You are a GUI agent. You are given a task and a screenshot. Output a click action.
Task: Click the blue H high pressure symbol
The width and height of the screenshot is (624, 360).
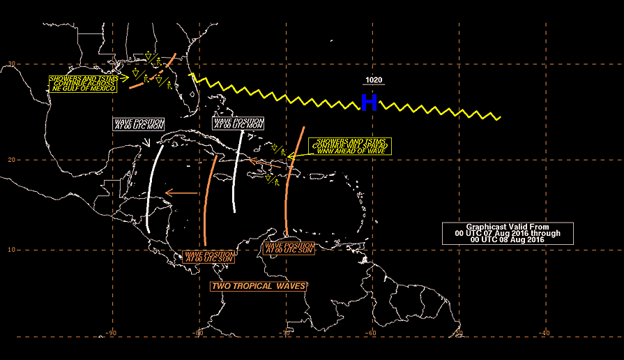click(369, 103)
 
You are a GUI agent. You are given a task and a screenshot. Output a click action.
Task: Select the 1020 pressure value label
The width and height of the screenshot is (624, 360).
click(374, 80)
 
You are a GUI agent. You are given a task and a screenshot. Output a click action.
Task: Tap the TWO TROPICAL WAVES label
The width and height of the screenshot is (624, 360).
click(258, 286)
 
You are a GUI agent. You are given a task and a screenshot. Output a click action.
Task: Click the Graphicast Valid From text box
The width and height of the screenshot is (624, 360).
click(508, 233)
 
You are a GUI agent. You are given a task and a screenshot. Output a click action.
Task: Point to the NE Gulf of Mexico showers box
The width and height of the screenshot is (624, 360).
click(83, 84)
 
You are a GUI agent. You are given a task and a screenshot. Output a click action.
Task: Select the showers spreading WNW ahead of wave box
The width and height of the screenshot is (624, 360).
click(350, 146)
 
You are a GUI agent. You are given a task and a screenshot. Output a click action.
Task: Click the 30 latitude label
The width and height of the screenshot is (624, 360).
click(12, 63)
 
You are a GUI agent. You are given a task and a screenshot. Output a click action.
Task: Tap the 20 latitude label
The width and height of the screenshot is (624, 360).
click(12, 160)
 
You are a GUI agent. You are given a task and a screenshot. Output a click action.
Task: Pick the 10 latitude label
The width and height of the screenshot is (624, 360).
click(12, 250)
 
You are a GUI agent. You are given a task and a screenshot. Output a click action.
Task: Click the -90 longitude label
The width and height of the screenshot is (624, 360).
click(111, 333)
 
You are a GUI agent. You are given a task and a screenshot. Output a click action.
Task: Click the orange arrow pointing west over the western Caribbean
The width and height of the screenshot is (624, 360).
click(181, 193)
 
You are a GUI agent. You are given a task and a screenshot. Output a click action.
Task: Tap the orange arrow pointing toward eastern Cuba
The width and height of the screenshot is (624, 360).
click(265, 163)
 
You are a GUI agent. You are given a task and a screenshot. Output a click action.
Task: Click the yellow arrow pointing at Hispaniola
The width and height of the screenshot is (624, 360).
click(299, 156)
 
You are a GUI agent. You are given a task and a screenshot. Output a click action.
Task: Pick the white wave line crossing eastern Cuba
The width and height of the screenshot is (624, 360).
click(237, 171)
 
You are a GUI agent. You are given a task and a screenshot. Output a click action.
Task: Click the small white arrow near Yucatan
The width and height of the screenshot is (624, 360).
click(146, 142)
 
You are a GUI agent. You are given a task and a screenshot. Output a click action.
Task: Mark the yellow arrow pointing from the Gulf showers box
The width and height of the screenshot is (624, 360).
click(123, 78)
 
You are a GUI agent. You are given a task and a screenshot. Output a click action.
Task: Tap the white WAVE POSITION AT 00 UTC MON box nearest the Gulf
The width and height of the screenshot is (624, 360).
click(139, 124)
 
